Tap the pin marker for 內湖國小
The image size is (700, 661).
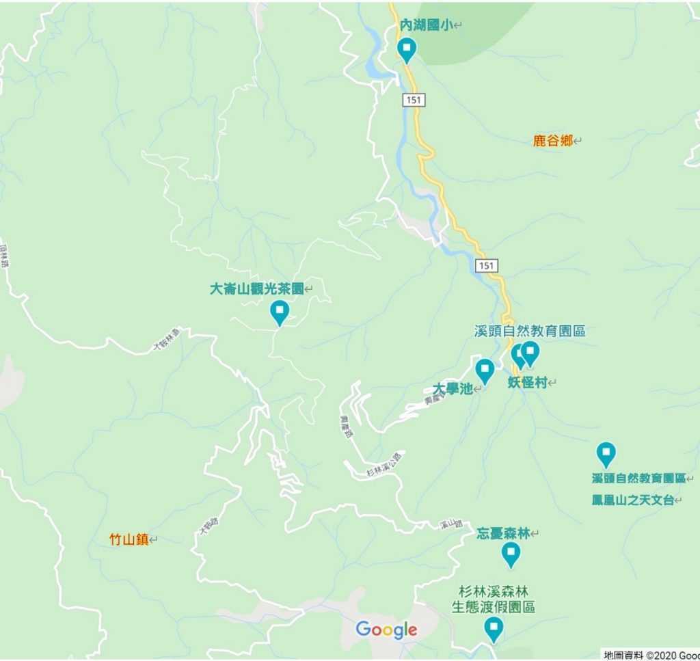(407, 49)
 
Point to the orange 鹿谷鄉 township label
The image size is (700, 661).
(552, 141)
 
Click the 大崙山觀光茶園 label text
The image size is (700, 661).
(256, 289)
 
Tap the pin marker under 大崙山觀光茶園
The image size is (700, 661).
(279, 312)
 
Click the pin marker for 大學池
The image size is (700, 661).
(485, 370)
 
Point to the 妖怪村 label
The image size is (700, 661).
(528, 382)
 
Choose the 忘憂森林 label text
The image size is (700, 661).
(503, 533)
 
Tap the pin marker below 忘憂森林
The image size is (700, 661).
(511, 554)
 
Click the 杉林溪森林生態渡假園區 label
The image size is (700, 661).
(493, 599)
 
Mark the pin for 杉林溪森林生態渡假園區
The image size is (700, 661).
(494, 628)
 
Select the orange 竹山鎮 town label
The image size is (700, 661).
(129, 539)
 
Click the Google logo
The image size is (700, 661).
(386, 630)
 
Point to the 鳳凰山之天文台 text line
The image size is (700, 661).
(633, 500)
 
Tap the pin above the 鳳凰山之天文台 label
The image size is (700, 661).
(606, 454)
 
